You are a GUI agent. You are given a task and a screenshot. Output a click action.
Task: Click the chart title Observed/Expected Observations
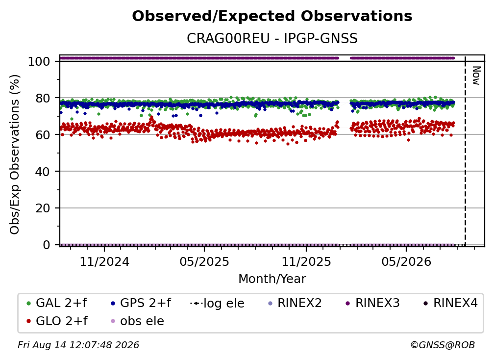pos(272,16)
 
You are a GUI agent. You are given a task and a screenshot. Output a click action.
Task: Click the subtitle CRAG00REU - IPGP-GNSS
pos(272,38)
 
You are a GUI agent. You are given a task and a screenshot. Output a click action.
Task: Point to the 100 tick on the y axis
pos(39,61)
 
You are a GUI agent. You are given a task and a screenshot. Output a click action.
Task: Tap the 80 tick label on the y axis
pos(43,98)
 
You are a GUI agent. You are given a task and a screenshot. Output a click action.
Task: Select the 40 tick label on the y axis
pos(43,172)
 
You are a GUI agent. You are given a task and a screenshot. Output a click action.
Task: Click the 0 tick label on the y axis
pos(46,245)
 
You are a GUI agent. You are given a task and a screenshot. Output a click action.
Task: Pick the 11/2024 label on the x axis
pos(104,261)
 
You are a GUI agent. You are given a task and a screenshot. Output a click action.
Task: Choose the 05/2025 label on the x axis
pos(204,261)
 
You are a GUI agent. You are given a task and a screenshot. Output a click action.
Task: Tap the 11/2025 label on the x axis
pos(306,261)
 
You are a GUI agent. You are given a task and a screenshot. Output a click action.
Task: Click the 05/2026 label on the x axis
pos(406,261)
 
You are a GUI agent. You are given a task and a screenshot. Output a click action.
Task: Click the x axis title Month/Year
pos(272,279)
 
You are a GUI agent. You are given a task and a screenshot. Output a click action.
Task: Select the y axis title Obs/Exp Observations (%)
pos(15,154)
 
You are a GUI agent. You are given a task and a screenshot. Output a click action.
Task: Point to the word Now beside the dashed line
pos(476,76)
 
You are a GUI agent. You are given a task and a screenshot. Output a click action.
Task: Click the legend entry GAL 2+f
pos(57,303)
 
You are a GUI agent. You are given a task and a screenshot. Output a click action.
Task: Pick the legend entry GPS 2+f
pos(141,303)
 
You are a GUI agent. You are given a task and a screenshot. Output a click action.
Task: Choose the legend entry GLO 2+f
pos(57,321)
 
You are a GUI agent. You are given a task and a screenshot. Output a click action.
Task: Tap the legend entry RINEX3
pos(372,303)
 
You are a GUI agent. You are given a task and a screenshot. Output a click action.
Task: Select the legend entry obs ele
pos(136,321)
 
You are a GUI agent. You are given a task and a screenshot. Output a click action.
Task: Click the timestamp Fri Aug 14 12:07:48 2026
pos(78,345)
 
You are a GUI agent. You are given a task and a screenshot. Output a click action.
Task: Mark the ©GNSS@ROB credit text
pos(443,345)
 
